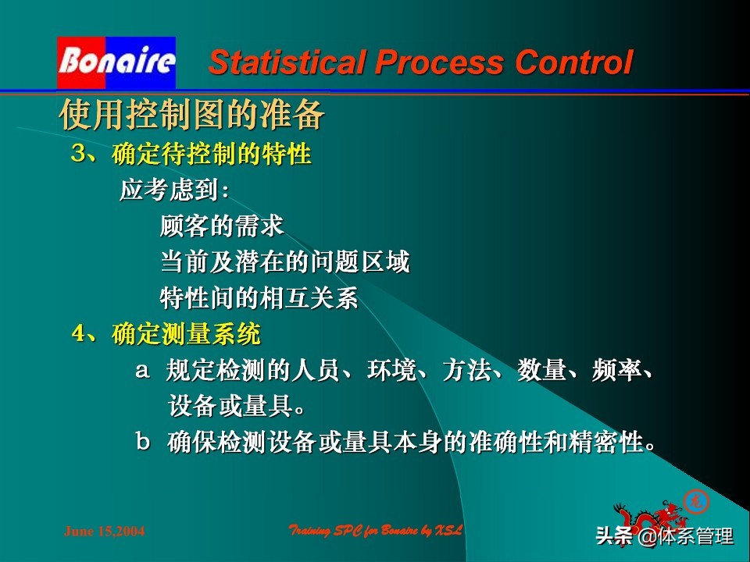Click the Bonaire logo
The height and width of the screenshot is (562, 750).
click(116, 62)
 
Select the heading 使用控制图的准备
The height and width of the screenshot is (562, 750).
click(192, 116)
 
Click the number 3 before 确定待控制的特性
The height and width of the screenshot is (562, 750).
click(78, 154)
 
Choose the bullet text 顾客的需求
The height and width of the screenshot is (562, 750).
click(222, 227)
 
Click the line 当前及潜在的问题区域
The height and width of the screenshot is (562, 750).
click(284, 263)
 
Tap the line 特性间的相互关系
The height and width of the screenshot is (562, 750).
click(259, 298)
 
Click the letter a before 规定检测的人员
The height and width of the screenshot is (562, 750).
click(142, 371)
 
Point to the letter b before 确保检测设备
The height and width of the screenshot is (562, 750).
click(143, 443)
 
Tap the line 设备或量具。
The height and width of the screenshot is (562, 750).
click(237, 407)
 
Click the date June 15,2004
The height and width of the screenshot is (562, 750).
click(104, 532)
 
